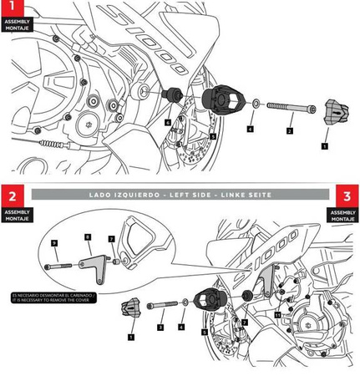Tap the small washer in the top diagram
coord(251,108)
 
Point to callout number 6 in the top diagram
coord(168,122)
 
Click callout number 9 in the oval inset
coord(54,242)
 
